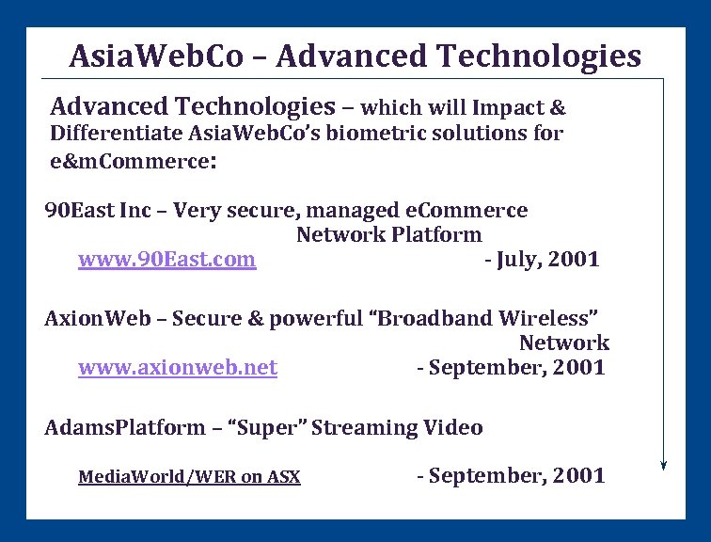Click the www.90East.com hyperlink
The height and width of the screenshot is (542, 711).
(x=166, y=260)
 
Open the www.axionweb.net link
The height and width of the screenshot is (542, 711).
(x=177, y=368)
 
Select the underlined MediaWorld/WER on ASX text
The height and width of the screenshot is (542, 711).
(x=189, y=477)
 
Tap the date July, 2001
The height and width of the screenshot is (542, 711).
(x=542, y=260)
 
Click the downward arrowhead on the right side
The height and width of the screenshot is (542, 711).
(x=664, y=463)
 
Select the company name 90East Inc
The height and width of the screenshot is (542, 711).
(x=91, y=211)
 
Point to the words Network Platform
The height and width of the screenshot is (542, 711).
(x=388, y=235)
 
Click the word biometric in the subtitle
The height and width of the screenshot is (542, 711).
(x=387, y=134)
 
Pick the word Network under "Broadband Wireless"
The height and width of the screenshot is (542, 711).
(x=563, y=343)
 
